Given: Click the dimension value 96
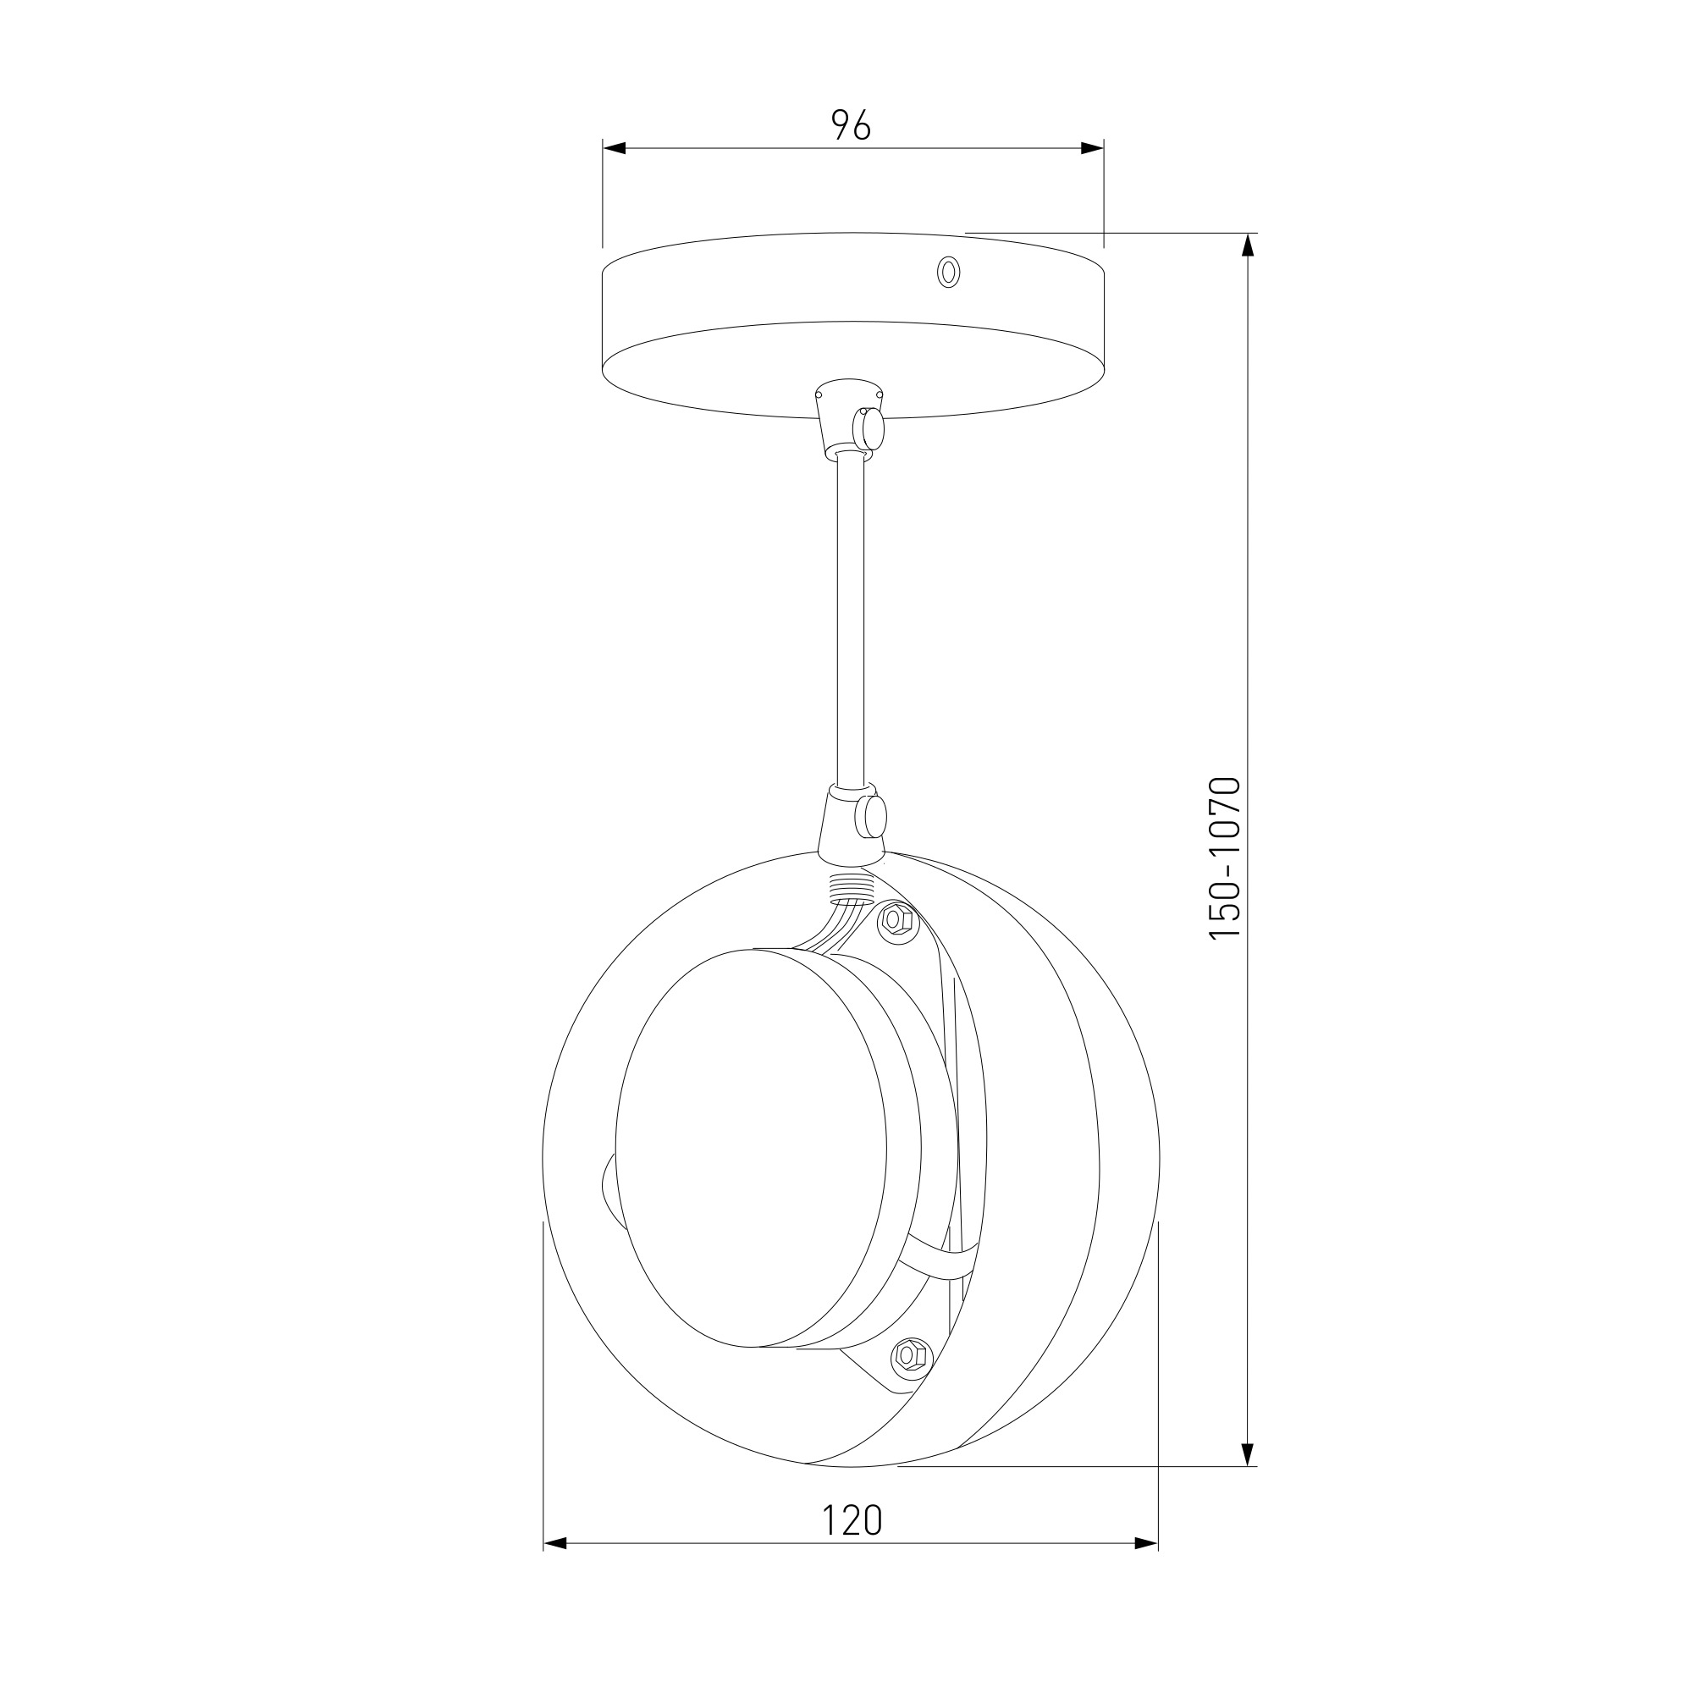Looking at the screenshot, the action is pos(851,125).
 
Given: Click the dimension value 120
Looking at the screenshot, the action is pos(852,1520).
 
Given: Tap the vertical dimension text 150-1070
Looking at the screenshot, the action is pos(1225,858).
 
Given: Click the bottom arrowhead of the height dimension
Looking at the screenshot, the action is pos(1248,1454).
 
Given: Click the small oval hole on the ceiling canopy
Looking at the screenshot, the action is pos(947,272).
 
